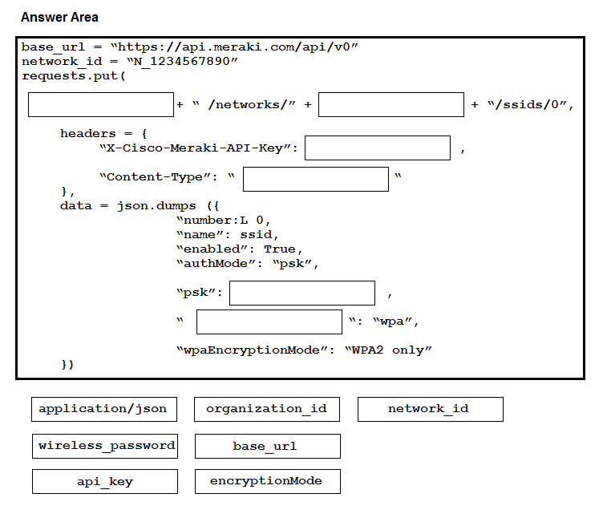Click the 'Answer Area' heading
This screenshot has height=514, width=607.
pos(59,18)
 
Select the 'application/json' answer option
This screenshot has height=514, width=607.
pos(104,409)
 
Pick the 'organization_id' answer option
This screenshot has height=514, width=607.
pos(267,409)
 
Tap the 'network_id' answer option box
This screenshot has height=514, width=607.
pos(431,409)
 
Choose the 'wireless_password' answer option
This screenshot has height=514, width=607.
pos(105,447)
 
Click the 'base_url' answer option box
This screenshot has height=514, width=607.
pos(268,447)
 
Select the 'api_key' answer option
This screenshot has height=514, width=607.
pos(105,481)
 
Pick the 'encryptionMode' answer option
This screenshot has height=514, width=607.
pos(268,481)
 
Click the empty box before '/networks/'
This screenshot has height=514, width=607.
pos(101,104)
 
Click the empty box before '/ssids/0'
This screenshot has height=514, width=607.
pos(391,104)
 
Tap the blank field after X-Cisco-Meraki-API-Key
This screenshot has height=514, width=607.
pos(378,148)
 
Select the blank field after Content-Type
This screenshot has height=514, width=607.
pos(316,179)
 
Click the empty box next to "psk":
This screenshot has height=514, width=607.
pos(302,293)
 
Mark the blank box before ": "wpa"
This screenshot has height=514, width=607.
pos(269,322)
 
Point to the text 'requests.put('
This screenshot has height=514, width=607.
pos(74,75)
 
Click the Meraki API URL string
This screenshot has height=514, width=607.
pos(235,47)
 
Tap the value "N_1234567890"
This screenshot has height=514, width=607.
pos(182,62)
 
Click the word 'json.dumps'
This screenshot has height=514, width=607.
pos(156,206)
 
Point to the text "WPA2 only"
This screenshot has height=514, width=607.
pos(388,350)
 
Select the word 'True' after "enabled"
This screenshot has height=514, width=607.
pos(280,249)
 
